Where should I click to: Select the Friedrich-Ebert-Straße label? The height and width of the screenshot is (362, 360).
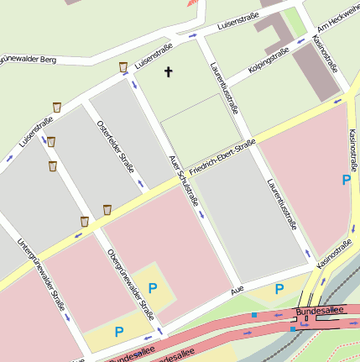click(222, 157)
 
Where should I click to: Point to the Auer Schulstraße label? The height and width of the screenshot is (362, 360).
click(183, 180)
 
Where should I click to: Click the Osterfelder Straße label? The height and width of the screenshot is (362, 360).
click(116, 147)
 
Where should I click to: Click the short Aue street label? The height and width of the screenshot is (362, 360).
click(237, 290)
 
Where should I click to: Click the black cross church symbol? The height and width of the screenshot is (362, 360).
click(168, 72)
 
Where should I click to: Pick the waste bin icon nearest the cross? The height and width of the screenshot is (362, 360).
click(123, 66)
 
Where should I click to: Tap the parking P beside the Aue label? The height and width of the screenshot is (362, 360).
click(279, 289)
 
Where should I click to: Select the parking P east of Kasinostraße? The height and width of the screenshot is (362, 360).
click(345, 179)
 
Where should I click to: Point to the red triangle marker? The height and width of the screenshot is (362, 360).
click(196, 7)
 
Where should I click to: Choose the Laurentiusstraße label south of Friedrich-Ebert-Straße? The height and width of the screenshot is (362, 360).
click(282, 204)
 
